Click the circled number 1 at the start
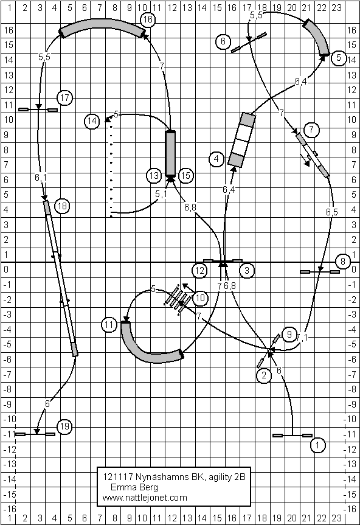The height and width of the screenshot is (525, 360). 317,445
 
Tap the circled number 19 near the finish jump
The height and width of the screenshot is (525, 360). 64,426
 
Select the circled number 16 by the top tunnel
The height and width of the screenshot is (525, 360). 148,19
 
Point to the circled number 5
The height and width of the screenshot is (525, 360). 339,58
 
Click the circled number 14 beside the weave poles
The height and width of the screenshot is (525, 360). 92,121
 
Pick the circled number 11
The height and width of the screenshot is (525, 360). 109,325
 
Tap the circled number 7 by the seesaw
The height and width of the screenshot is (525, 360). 311,130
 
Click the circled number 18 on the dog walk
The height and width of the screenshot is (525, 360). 62,206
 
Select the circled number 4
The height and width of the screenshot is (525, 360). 216,159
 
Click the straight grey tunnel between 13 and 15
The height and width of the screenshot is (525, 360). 171,153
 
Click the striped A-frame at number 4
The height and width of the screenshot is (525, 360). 241,140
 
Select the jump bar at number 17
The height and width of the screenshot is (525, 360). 38,110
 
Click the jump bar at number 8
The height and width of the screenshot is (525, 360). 319,272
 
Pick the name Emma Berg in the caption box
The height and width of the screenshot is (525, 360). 134,487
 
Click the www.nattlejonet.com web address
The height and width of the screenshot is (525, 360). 145,498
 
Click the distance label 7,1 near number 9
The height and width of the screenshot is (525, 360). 302,338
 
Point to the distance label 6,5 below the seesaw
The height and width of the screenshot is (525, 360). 332,212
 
